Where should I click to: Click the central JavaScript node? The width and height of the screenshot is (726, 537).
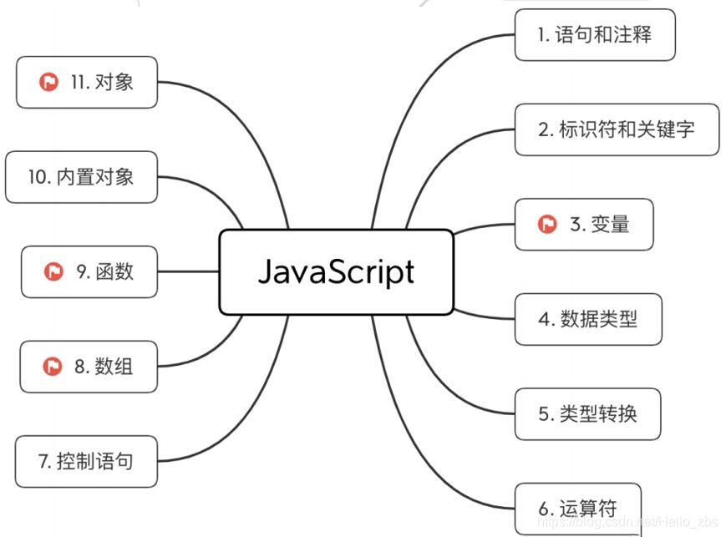pyautogui.click(x=336, y=272)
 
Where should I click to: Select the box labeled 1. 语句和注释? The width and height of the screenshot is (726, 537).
pyautogui.click(x=594, y=35)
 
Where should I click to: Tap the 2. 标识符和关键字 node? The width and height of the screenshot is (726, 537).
pyautogui.click(x=617, y=129)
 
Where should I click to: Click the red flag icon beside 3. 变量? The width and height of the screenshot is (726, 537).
pyautogui.click(x=547, y=224)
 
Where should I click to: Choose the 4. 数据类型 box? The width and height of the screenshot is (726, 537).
pyautogui.click(x=588, y=319)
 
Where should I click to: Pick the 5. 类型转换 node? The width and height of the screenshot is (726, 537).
pyautogui.click(x=587, y=413)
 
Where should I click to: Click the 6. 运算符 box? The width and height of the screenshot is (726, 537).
pyautogui.click(x=577, y=508)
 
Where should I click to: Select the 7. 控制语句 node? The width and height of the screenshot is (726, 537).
pyautogui.click(x=86, y=461)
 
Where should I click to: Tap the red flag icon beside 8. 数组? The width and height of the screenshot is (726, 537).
pyautogui.click(x=53, y=366)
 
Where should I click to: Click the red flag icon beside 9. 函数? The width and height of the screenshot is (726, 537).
pyautogui.click(x=53, y=271)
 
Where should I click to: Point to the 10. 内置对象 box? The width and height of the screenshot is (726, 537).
pyautogui.click(x=81, y=176)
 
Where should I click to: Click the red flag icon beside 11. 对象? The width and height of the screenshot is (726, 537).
pyautogui.click(x=48, y=82)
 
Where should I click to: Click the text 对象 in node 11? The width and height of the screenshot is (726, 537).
pyautogui.click(x=114, y=82)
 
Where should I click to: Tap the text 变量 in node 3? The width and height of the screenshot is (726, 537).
pyautogui.click(x=611, y=224)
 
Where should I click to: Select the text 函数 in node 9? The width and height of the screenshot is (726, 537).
pyautogui.click(x=114, y=271)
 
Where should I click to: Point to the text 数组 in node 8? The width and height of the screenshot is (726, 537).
pyautogui.click(x=114, y=366)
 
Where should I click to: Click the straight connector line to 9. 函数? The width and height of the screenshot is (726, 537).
pyautogui.click(x=188, y=271)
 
